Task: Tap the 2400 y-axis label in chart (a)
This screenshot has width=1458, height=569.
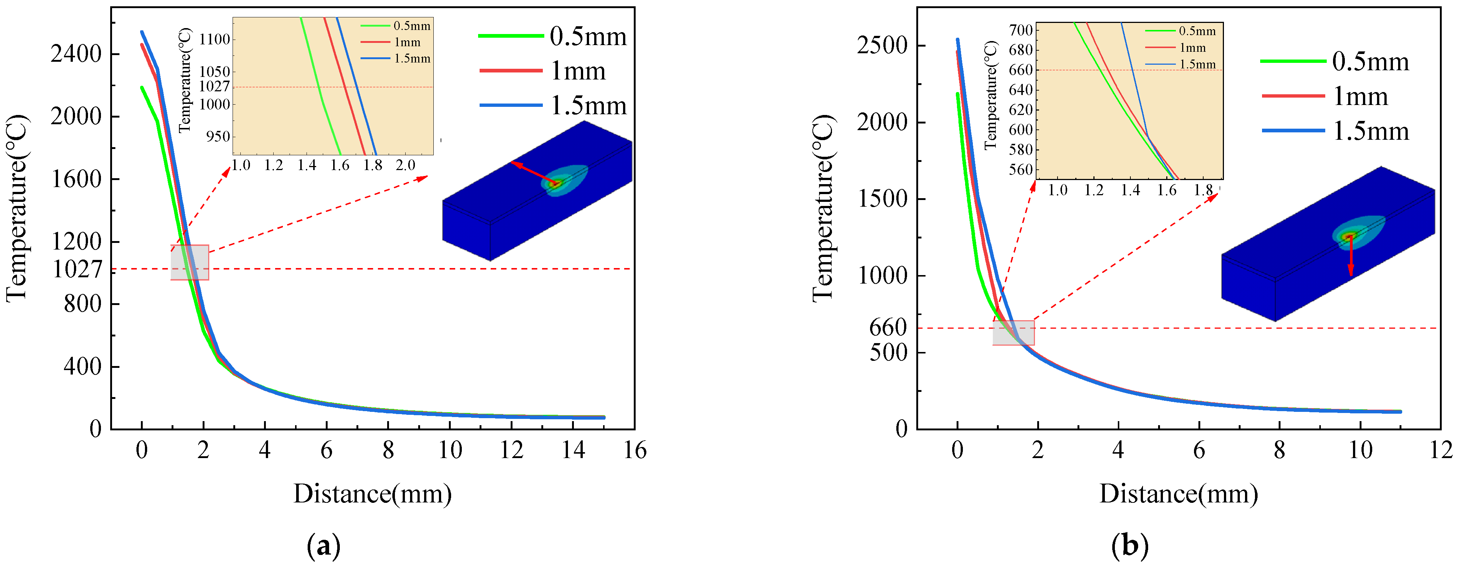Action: point(76,54)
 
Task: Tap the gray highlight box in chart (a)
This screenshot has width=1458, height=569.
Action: point(190,262)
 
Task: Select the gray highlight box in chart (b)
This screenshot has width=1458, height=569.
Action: point(1013,333)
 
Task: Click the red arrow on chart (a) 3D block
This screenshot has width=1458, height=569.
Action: point(534,173)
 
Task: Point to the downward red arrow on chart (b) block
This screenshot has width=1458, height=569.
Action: point(1350,256)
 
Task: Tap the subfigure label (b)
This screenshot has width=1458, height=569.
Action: point(1130,546)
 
